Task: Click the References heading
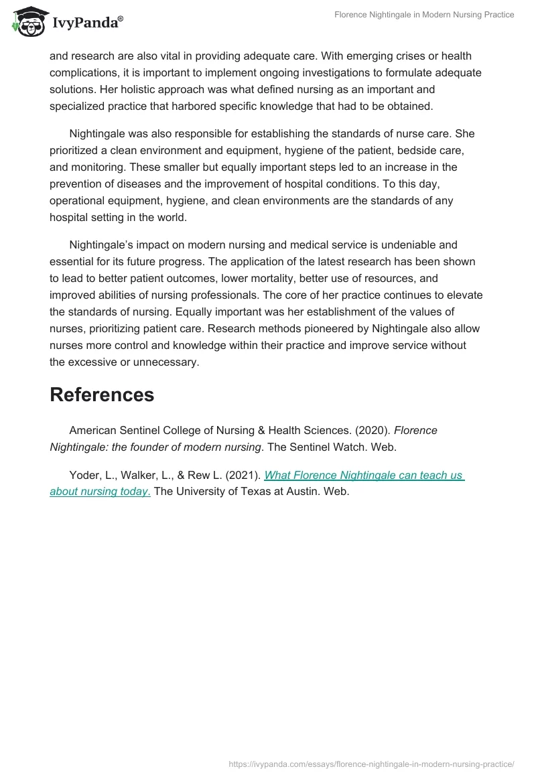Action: click(x=102, y=395)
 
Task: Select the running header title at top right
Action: click(x=424, y=15)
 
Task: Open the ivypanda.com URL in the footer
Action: click(x=371, y=764)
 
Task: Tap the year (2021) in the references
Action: click(x=242, y=475)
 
